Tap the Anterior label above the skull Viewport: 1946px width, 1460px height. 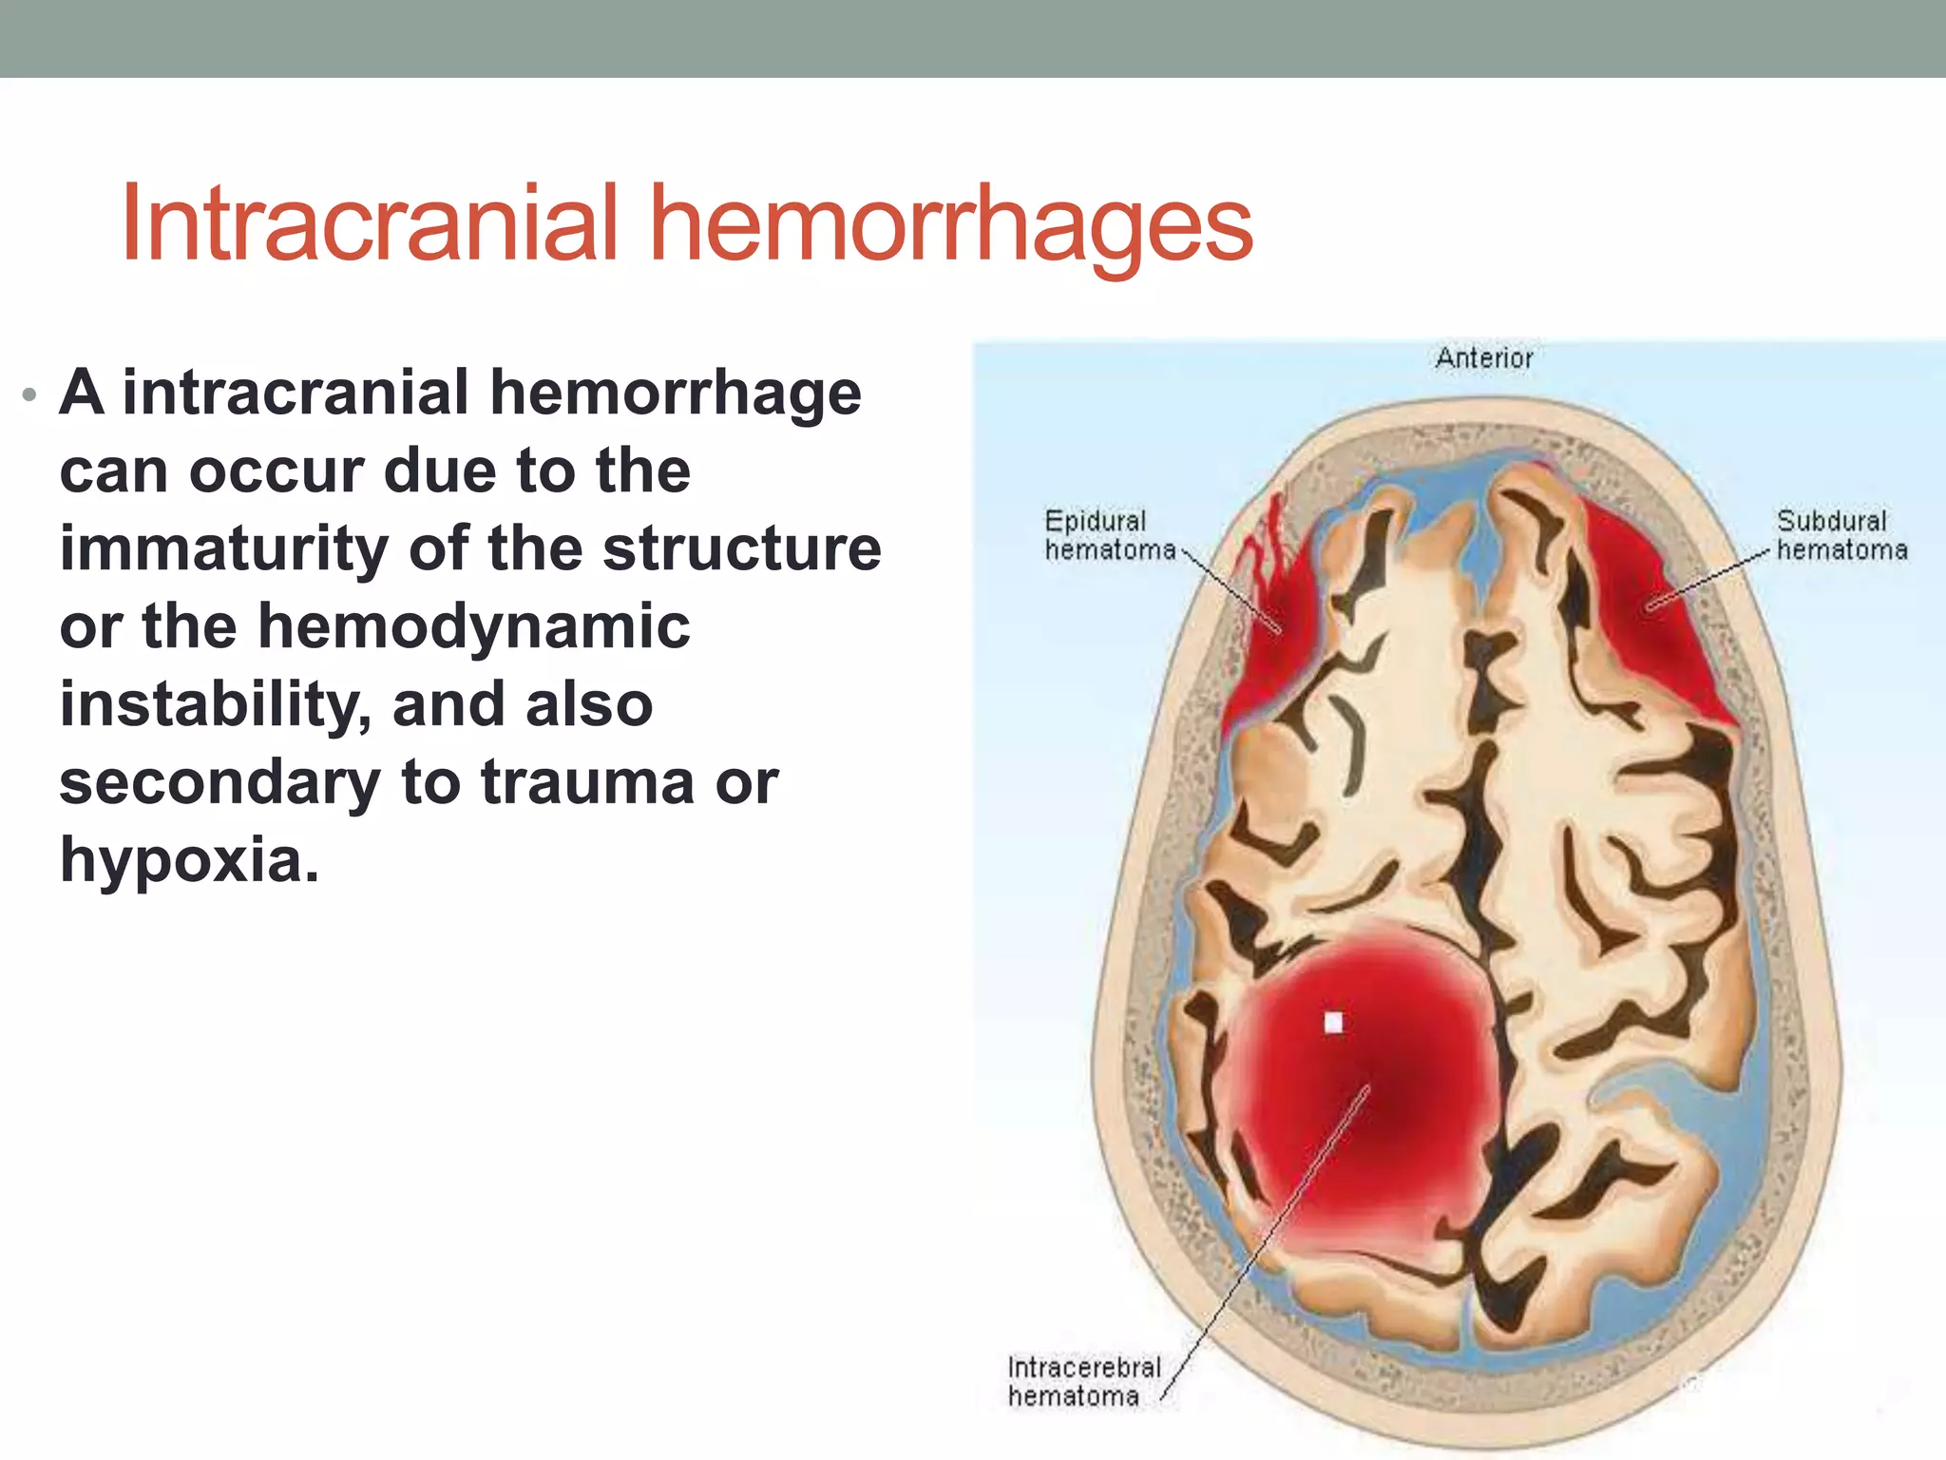click(1484, 358)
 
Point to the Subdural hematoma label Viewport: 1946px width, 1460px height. click(1841, 535)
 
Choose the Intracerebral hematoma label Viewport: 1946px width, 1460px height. click(1083, 1381)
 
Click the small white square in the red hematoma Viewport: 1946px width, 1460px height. click(1333, 1022)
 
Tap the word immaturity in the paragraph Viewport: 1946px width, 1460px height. click(224, 549)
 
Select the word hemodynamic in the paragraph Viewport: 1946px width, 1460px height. click(474, 627)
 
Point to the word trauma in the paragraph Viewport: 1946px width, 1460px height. click(587, 782)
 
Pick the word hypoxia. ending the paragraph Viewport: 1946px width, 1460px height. click(189, 860)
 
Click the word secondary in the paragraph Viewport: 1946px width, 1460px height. click(219, 782)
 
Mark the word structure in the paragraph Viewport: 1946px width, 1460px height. click(742, 549)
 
